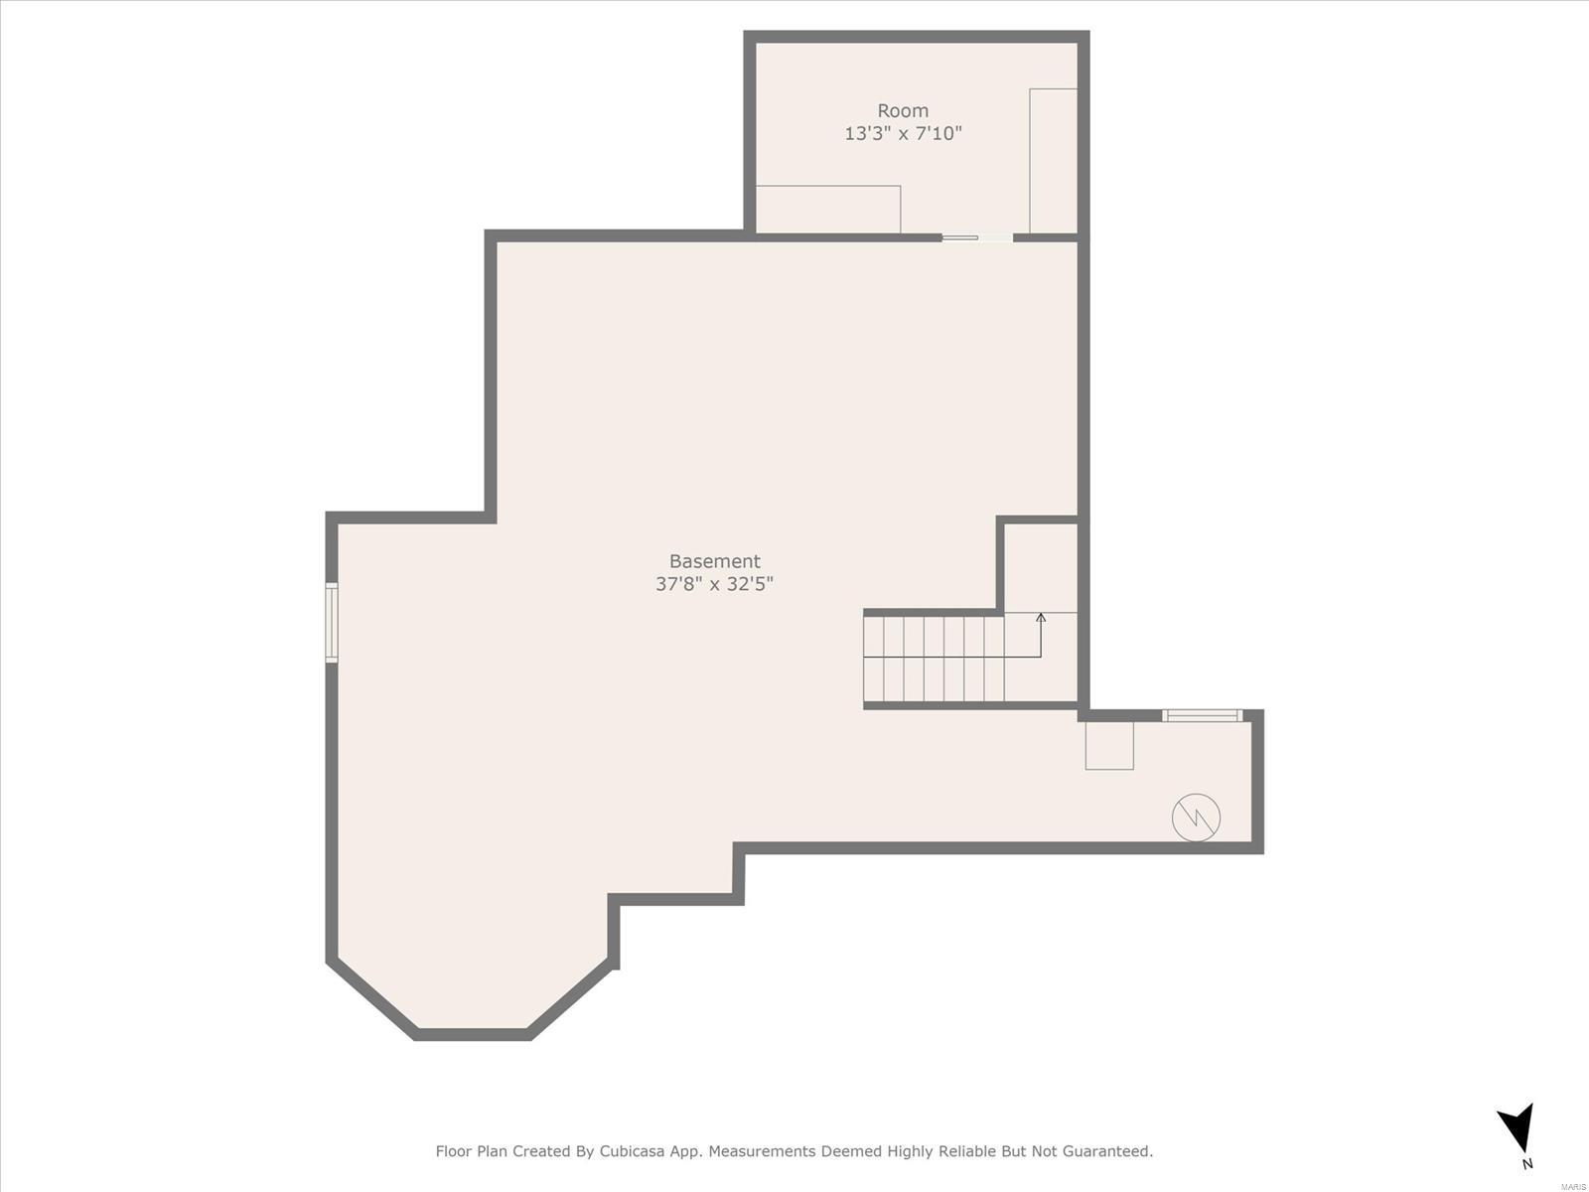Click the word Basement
point(714,561)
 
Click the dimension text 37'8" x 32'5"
point(714,583)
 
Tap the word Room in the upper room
point(903,110)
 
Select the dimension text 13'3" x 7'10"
point(904,133)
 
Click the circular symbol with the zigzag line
point(1196,818)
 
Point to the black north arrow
point(1518,1126)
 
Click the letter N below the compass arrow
point(1527,1164)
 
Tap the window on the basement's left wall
point(332,623)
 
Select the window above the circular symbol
point(1203,716)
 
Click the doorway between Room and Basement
point(977,237)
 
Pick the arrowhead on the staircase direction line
point(1041,617)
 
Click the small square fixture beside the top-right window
point(1109,745)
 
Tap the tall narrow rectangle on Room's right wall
point(1054,161)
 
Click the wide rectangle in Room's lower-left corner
point(828,210)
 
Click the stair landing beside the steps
point(1041,658)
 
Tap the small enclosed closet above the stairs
point(1041,567)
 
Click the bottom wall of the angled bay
point(474,1034)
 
